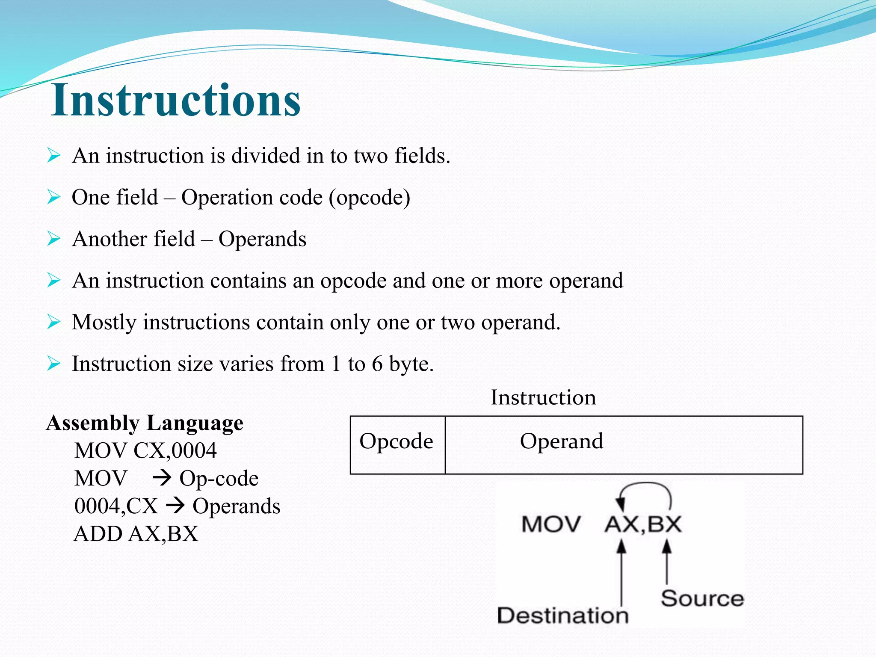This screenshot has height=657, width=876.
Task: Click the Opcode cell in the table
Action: pos(396,442)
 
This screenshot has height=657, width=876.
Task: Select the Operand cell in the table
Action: pos(561,442)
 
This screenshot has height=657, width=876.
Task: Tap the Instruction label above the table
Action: pos(543,398)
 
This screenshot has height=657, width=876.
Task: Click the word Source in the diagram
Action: pos(702,598)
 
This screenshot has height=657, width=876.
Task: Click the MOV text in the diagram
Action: pos(551,524)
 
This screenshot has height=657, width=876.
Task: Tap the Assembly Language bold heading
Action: pos(145,423)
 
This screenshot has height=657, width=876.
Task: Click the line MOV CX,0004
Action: pos(145,451)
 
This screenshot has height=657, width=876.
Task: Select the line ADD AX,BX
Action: pos(136,534)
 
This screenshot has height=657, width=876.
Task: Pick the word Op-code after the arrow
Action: pos(219,479)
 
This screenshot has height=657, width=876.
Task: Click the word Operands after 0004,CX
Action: pos(236,506)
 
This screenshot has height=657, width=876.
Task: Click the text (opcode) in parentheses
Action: pos(369,198)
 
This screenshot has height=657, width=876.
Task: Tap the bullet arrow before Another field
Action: pos(53,239)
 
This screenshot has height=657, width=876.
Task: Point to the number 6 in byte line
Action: pos(377,364)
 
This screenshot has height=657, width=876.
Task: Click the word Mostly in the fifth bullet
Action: pos(104,323)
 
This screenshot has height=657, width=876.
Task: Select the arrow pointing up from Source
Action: pos(666,560)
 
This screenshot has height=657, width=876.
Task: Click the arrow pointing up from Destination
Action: pos(621,571)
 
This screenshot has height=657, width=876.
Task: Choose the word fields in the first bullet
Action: pos(421,156)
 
